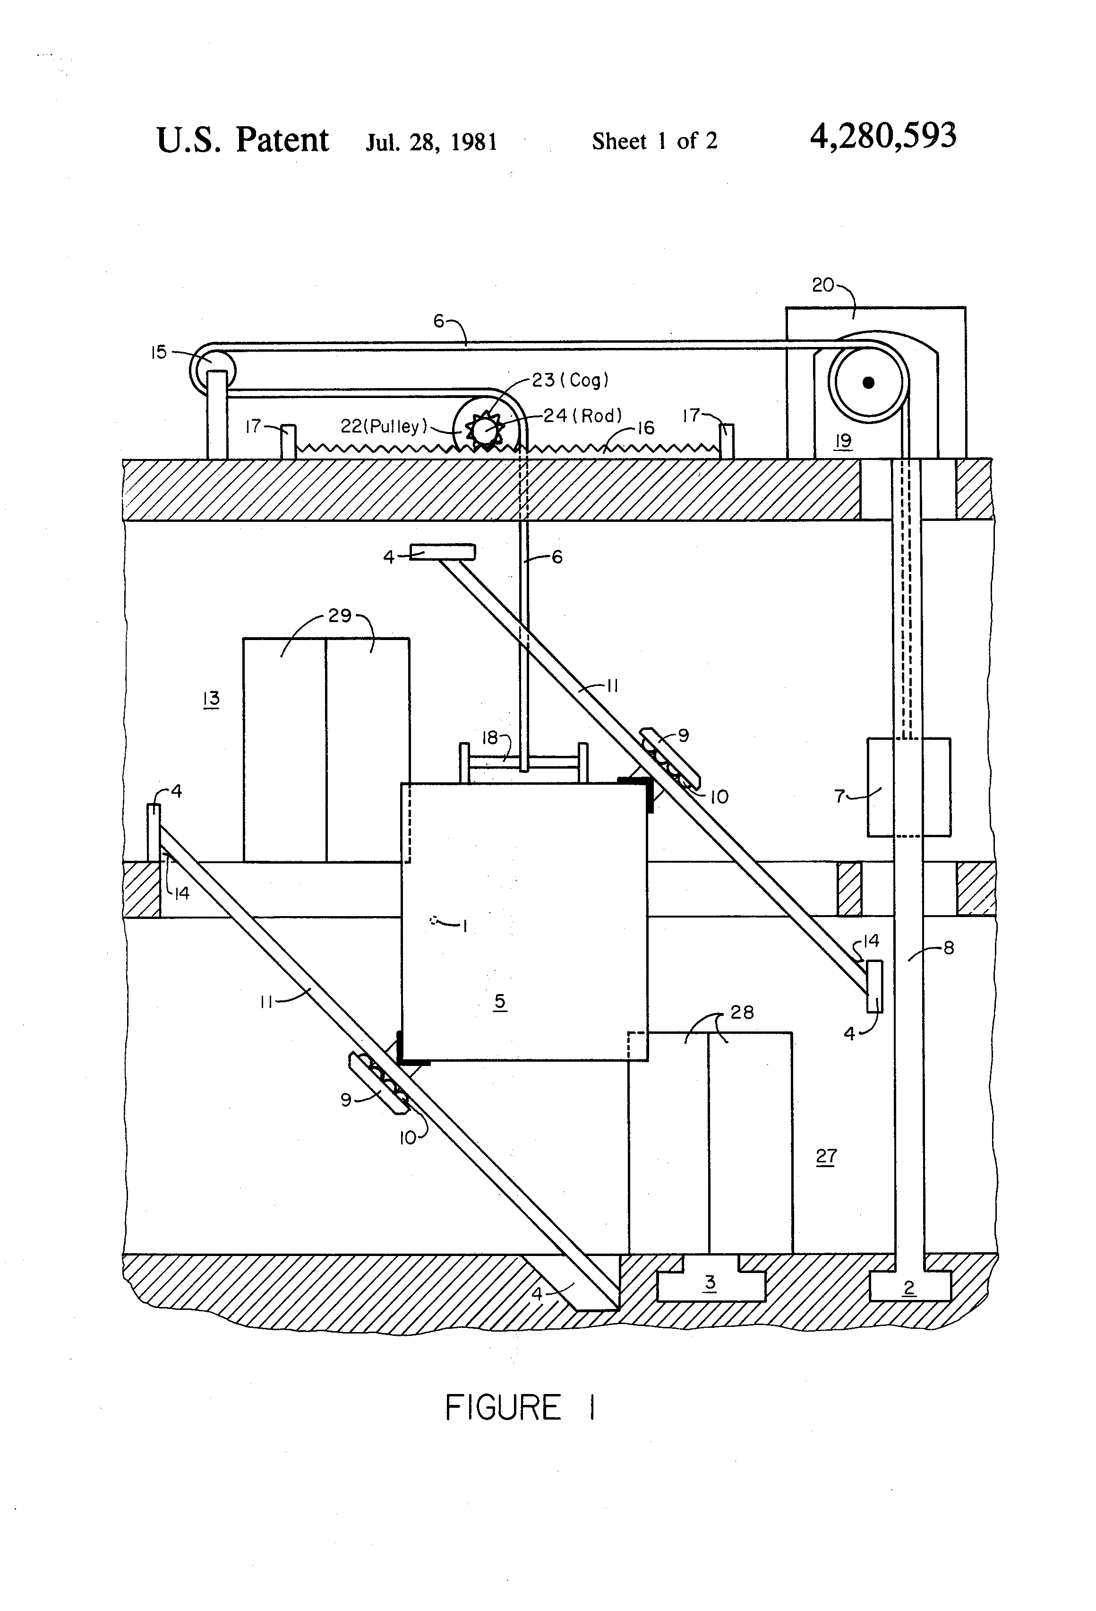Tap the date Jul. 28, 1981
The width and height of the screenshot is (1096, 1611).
432,141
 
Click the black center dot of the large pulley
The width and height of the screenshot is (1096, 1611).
868,382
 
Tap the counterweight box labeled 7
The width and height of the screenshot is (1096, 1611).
908,787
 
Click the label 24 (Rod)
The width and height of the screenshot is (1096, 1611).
582,416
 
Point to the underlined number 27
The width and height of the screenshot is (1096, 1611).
826,1156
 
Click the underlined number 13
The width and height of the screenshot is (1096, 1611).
211,698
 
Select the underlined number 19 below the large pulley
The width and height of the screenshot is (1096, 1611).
843,442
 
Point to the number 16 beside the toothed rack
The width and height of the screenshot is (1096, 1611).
646,428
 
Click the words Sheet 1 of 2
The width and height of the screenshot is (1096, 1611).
655,141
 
